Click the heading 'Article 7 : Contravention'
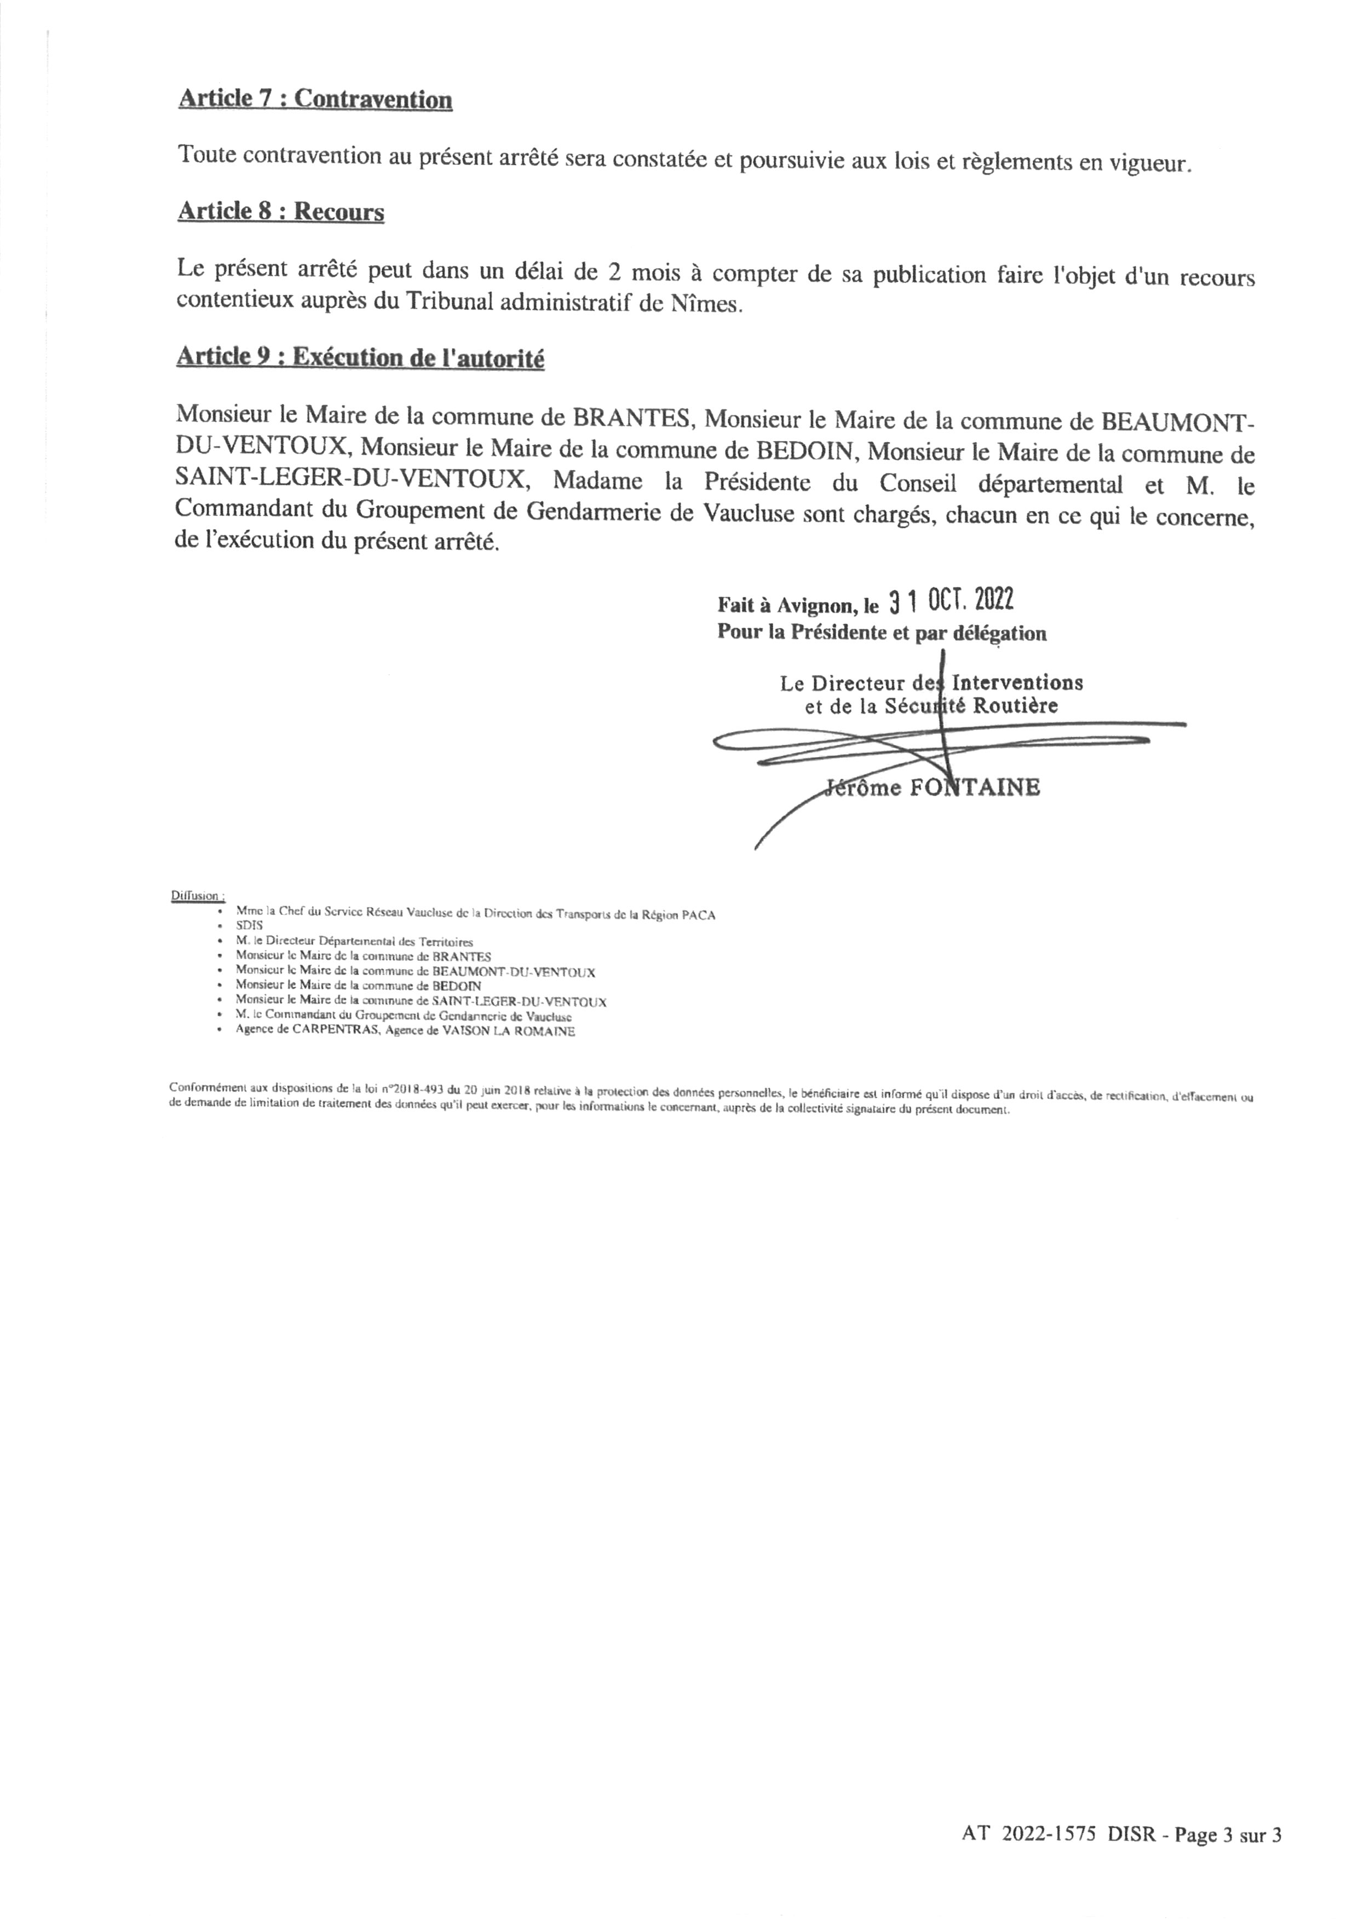coord(315,100)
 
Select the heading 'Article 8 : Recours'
coord(281,211)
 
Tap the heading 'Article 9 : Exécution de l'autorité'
coord(360,358)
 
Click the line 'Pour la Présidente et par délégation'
coord(882,633)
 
